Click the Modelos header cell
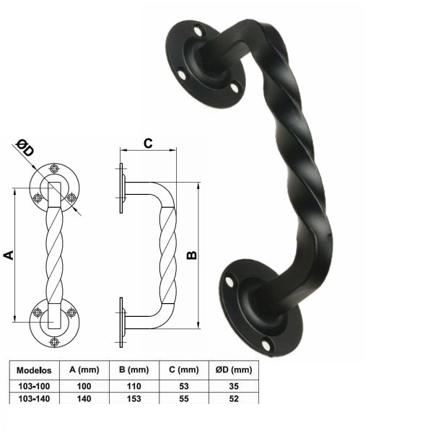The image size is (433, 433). [x=34, y=370]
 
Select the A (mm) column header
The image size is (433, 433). [x=84, y=369]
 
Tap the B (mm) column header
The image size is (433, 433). [x=134, y=369]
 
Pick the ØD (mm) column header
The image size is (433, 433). [x=234, y=369]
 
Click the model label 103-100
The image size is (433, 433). [x=34, y=386]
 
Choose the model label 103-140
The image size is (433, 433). [x=34, y=399]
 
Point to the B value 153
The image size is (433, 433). [x=134, y=399]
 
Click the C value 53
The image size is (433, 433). [x=184, y=386]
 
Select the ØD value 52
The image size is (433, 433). [x=234, y=399]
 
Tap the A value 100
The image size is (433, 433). [x=84, y=386]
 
